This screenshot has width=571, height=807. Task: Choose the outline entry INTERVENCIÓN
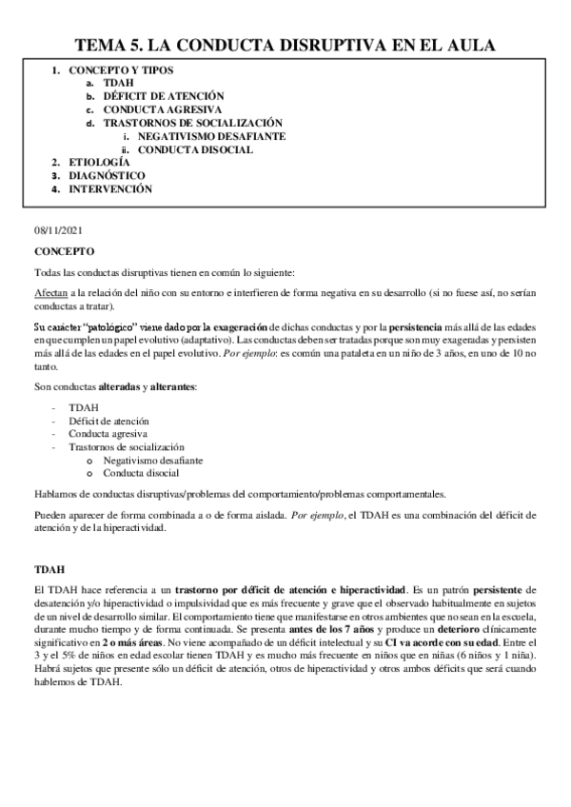tap(110, 189)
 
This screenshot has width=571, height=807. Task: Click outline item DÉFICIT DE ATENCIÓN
tap(163, 96)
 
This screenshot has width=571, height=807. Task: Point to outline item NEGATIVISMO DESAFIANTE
tap(211, 136)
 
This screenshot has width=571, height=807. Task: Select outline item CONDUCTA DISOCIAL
tap(195, 149)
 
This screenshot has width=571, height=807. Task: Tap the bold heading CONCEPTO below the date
tap(64, 252)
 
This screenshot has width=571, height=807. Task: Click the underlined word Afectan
tap(50, 296)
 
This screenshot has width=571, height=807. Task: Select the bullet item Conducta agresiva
tap(108, 433)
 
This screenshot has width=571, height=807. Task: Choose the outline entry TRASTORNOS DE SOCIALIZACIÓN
tap(193, 123)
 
